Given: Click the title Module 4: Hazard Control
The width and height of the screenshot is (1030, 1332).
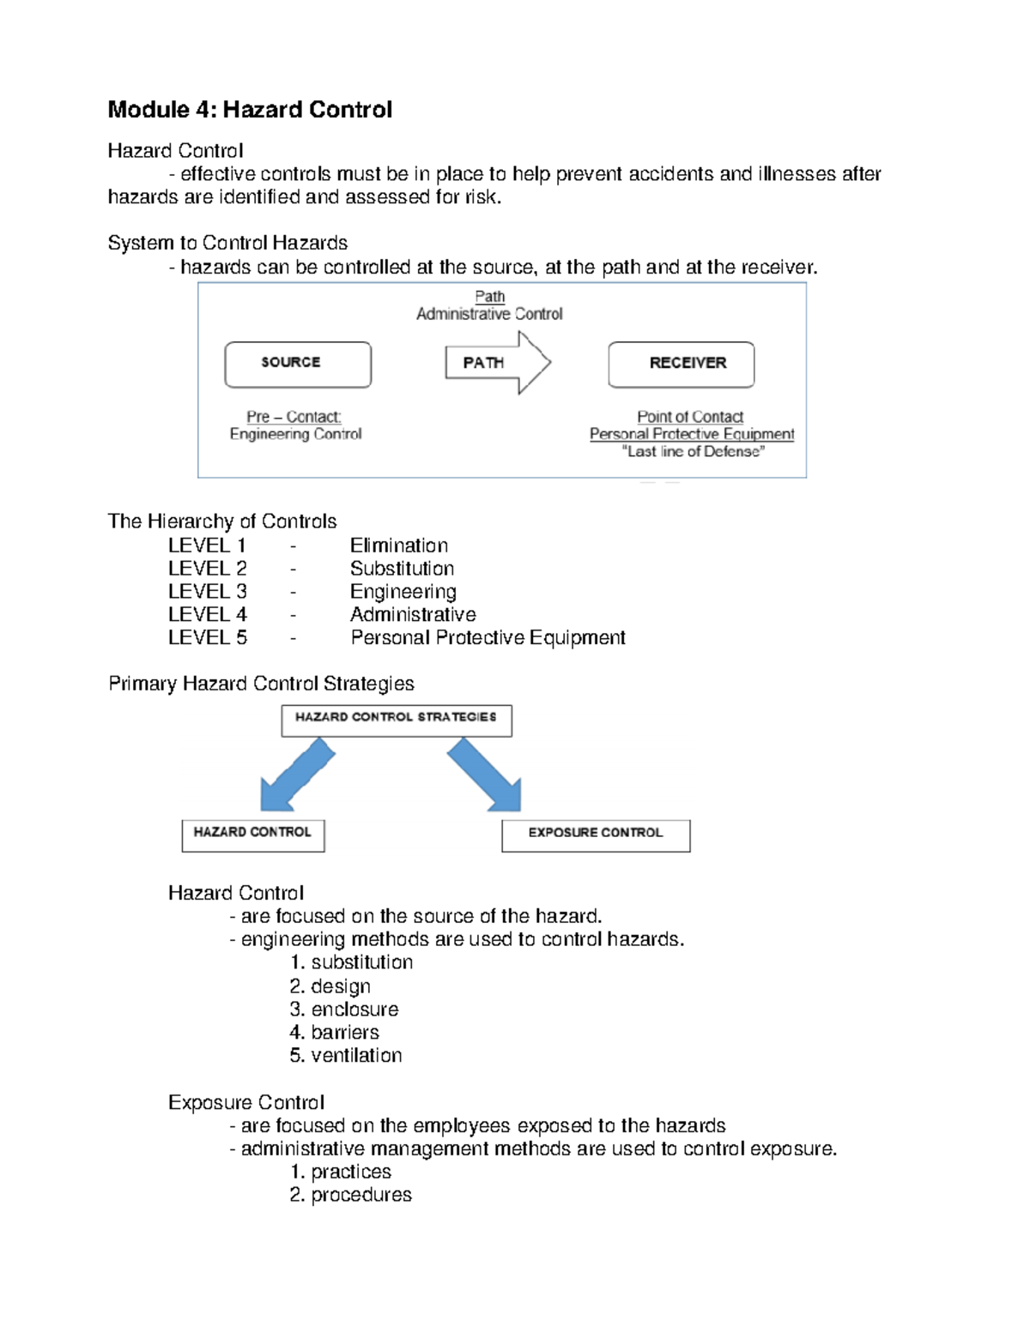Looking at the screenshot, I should [250, 110].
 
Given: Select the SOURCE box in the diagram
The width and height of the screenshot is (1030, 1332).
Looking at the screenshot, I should [297, 364].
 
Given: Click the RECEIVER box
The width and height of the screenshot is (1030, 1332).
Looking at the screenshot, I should [682, 364].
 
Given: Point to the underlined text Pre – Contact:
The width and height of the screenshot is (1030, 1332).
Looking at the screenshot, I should [294, 417].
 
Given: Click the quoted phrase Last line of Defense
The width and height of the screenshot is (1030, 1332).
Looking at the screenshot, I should [693, 452].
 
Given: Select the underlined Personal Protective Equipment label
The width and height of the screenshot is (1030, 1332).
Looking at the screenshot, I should [692, 434].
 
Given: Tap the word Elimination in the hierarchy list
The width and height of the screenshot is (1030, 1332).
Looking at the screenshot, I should [398, 545].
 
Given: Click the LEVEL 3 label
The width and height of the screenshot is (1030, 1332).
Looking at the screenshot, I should [207, 592].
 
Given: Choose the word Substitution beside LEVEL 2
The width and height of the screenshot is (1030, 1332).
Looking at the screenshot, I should [402, 569].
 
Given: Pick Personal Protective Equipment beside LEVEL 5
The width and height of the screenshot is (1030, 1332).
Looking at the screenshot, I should [488, 638].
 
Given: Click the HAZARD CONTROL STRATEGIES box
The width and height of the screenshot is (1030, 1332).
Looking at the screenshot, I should [397, 720].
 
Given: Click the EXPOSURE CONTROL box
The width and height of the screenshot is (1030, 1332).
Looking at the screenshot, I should [596, 835].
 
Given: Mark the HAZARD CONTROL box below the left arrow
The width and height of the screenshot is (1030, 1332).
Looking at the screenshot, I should [252, 835].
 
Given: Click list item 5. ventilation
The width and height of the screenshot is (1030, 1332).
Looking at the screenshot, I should [346, 1056].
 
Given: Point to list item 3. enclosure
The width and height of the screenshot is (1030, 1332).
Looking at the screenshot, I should [344, 1010].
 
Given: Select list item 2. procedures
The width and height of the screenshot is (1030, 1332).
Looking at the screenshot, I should [351, 1195].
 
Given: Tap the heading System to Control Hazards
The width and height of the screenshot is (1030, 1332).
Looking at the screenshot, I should [227, 243].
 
